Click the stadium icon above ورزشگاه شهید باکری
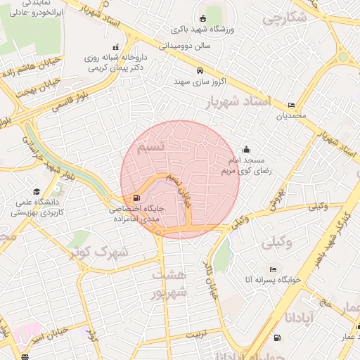tap(202, 18)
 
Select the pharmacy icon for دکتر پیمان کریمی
tap(116, 47)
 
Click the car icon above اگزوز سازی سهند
tap(200, 71)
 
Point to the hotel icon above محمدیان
tap(291, 105)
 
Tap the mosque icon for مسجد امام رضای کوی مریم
tap(246, 149)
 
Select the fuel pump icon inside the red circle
tap(136, 198)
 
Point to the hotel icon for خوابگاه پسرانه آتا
tap(273, 269)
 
